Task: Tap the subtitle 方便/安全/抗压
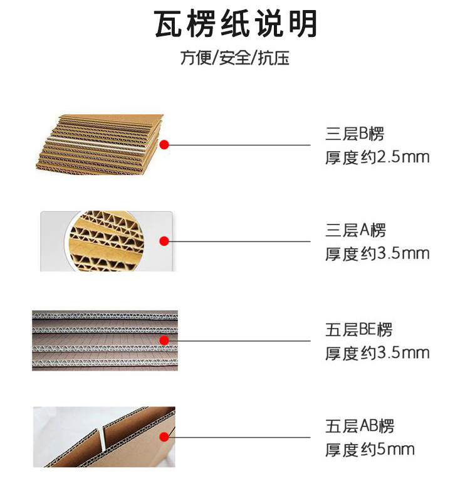(x=235, y=59)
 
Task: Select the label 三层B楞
(x=354, y=134)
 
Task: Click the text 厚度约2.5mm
(x=377, y=157)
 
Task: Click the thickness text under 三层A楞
(x=377, y=253)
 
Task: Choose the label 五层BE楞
(x=358, y=329)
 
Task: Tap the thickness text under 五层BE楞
(x=377, y=352)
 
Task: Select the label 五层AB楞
(x=359, y=426)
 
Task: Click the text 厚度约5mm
(x=370, y=450)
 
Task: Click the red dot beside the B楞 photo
(x=164, y=145)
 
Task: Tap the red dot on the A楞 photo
(x=164, y=241)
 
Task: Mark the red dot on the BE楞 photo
(x=164, y=341)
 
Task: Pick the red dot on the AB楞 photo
(x=164, y=437)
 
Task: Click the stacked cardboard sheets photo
(x=100, y=145)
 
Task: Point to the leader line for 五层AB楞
(x=241, y=437)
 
